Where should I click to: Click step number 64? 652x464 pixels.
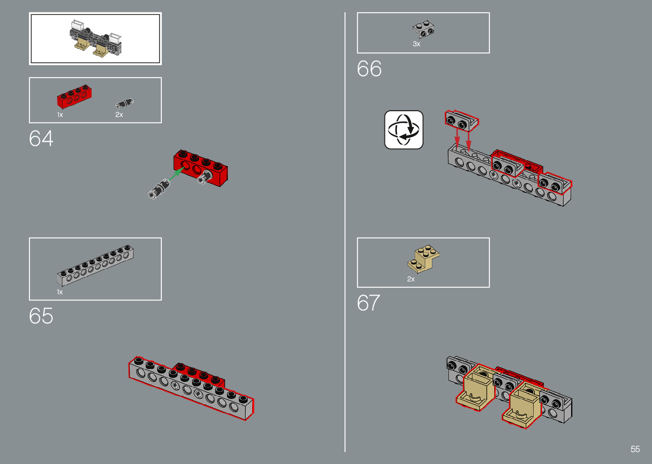[41, 139]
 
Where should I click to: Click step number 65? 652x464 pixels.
[41, 316]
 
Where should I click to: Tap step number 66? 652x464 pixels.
[369, 69]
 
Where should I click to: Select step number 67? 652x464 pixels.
[368, 303]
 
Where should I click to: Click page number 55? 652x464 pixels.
[635, 449]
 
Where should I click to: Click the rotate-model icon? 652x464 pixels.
[404, 130]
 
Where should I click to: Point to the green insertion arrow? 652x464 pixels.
[176, 174]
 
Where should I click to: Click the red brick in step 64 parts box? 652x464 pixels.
[74, 96]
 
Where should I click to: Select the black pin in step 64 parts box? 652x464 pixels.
[124, 103]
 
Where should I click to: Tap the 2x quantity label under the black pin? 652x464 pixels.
[119, 115]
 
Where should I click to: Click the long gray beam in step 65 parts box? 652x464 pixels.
[95, 265]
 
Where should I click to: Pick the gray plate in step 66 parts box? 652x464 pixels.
[423, 29]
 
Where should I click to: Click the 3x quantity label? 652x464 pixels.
[416, 44]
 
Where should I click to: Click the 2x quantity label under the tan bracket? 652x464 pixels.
[411, 279]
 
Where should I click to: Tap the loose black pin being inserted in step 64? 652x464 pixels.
[159, 189]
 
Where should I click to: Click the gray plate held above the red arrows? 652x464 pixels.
[461, 120]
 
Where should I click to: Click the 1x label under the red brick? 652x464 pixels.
[60, 115]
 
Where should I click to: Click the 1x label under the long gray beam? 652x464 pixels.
[60, 292]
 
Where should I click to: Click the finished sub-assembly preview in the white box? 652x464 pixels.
[95, 39]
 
